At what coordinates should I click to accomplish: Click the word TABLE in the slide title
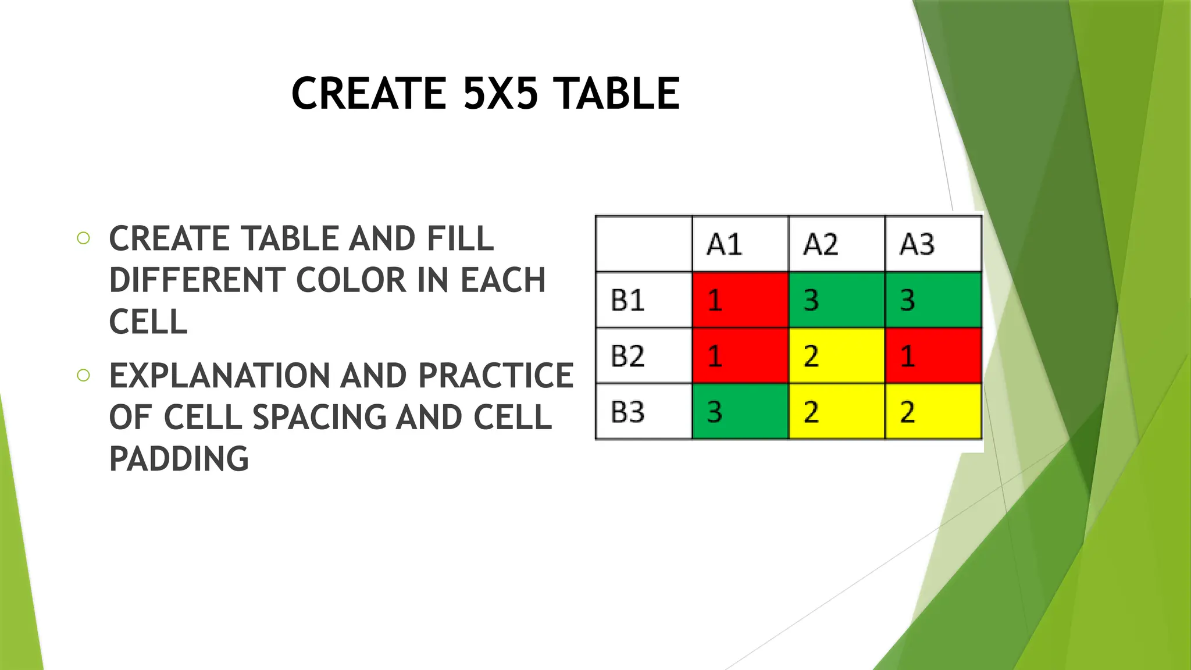[616, 93]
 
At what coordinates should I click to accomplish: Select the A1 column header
[724, 244]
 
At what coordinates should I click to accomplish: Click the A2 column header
[821, 244]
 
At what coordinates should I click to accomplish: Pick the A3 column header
[917, 244]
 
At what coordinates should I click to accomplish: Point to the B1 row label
[627, 300]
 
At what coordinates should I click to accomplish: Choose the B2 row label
[627, 356]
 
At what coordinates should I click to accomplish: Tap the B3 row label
[627, 412]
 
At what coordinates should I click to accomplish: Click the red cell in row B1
[740, 300]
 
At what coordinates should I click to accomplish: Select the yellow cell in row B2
[836, 356]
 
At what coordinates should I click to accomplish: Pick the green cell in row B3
[740, 412]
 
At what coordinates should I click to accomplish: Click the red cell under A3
[933, 356]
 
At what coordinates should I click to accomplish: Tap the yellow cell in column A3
[933, 412]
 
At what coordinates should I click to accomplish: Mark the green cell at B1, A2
[836, 300]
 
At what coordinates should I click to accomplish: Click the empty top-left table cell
[644, 244]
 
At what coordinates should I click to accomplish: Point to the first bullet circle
[83, 238]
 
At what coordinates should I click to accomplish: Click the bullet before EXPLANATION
[83, 375]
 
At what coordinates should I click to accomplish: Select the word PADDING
[179, 458]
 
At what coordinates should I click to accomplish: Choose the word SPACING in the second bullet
[319, 417]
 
